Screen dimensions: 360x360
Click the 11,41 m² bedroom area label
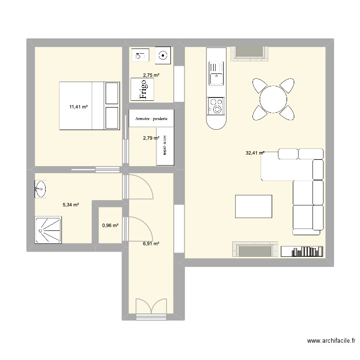[x=78, y=108]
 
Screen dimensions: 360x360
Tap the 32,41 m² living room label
[x=255, y=154]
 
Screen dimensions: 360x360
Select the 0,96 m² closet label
[x=110, y=225]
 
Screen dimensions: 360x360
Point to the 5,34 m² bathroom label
[x=71, y=205]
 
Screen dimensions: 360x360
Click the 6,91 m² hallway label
[x=151, y=244]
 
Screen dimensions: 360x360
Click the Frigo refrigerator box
[x=143, y=89]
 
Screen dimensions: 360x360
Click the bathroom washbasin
[x=40, y=189]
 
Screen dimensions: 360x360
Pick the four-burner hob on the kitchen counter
[x=216, y=106]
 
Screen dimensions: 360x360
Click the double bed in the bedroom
[x=89, y=106]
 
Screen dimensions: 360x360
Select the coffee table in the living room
[x=253, y=206]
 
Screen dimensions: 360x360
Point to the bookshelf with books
[x=302, y=251]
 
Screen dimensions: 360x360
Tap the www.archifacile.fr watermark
[x=331, y=341]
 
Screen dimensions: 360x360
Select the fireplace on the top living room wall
[x=249, y=54]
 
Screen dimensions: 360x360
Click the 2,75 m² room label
[x=151, y=75]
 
